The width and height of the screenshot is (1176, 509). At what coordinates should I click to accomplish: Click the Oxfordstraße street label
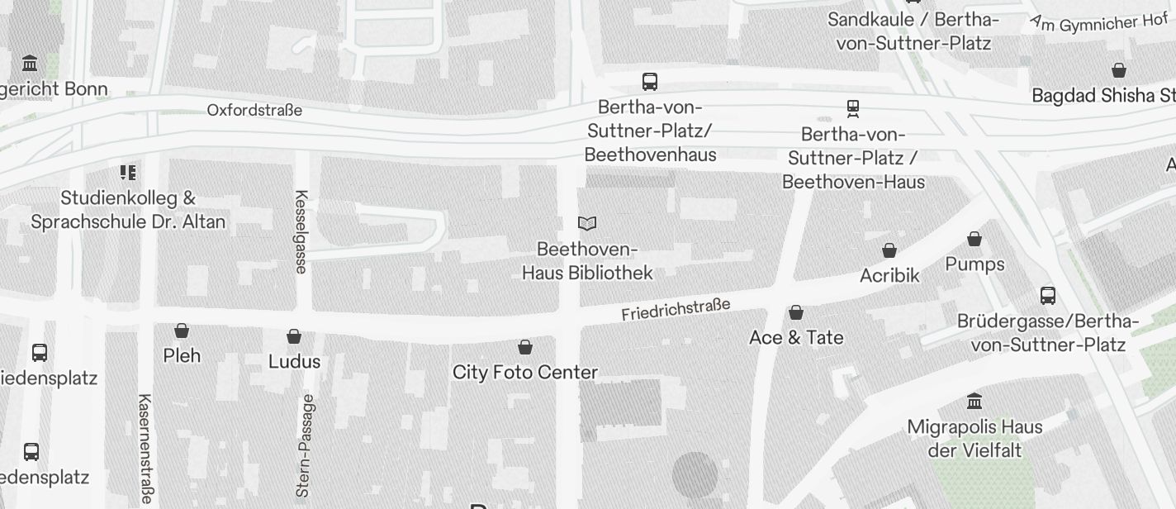pyautogui.click(x=254, y=110)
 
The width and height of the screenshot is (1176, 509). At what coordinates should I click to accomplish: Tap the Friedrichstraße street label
pyautogui.click(x=676, y=310)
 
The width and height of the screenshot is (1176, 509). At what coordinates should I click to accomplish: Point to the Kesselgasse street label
pyautogui.click(x=301, y=231)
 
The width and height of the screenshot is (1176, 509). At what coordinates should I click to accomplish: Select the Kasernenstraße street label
pyautogui.click(x=145, y=448)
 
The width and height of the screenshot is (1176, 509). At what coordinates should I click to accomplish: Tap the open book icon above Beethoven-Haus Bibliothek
pyautogui.click(x=587, y=223)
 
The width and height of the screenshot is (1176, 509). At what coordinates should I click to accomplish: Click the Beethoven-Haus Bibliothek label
pyautogui.click(x=587, y=261)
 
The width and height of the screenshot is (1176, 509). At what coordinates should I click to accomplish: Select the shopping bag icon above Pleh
pyautogui.click(x=182, y=331)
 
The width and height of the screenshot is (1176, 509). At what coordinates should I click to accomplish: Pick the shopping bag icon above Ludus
pyautogui.click(x=294, y=336)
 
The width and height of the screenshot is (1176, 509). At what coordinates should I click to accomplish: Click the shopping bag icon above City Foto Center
pyautogui.click(x=525, y=347)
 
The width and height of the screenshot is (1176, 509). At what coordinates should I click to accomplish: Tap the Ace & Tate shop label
pyautogui.click(x=796, y=337)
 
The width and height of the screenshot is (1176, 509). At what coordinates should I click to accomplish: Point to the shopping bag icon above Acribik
pyautogui.click(x=889, y=250)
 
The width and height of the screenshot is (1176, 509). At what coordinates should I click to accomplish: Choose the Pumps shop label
pyautogui.click(x=974, y=264)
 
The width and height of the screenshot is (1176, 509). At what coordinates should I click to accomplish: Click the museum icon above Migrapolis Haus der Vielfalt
pyautogui.click(x=974, y=401)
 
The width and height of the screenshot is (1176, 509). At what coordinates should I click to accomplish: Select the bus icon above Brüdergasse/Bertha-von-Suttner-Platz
pyautogui.click(x=1048, y=295)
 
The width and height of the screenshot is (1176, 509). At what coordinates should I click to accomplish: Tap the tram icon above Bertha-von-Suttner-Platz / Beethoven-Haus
pyautogui.click(x=853, y=108)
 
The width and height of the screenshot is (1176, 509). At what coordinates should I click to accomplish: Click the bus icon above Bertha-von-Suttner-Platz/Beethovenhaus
pyautogui.click(x=650, y=81)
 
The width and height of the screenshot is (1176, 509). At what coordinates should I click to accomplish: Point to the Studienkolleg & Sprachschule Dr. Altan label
pyautogui.click(x=128, y=210)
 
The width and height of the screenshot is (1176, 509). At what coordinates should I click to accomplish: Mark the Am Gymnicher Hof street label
pyautogui.click(x=1098, y=23)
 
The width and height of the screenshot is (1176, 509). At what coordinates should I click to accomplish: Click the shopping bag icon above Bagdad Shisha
pyautogui.click(x=1119, y=70)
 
